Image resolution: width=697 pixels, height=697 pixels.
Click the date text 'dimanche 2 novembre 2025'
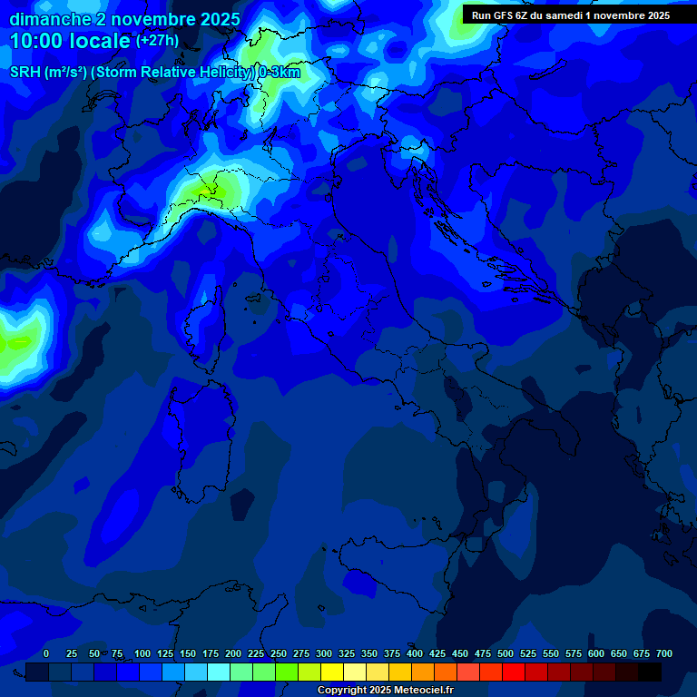(124, 19)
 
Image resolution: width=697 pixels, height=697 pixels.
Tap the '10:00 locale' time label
(70, 41)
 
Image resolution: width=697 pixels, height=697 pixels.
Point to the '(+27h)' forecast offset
(157, 41)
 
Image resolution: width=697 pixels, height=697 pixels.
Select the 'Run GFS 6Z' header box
(571, 15)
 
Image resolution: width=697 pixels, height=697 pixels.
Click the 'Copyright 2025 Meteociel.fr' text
(385, 691)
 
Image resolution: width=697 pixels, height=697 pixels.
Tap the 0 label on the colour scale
(46, 654)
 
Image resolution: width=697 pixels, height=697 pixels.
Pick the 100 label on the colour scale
(142, 654)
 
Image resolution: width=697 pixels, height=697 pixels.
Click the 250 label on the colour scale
(279, 654)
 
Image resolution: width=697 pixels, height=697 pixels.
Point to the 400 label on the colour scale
(415, 654)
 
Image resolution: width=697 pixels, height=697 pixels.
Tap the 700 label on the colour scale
(664, 654)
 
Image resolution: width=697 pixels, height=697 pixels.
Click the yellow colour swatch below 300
(332, 672)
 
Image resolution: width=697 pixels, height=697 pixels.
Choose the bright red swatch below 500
(514, 672)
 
